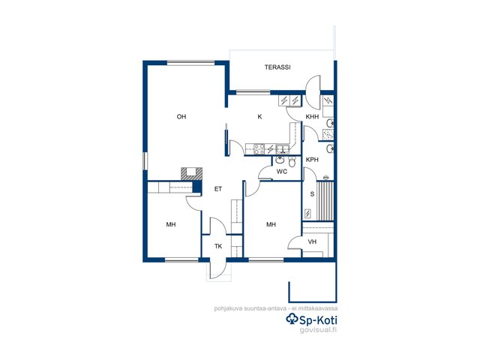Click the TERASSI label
tap(277, 67)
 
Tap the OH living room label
tap(181, 117)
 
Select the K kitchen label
tap(259, 117)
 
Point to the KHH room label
tap(312, 117)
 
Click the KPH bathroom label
tap(312, 160)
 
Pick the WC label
tap(282, 172)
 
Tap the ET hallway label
tap(218, 189)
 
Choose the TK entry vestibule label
tap(218, 246)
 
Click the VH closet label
tap(312, 241)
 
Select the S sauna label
tap(312, 193)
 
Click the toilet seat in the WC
tap(292, 162)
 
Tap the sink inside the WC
tap(280, 160)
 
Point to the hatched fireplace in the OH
tap(192, 173)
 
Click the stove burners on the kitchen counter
tap(259, 149)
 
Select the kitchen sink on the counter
tap(282, 149)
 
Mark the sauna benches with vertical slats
tap(325, 201)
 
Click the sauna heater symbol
tap(307, 213)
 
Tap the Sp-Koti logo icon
tap(292, 319)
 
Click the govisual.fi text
tap(318, 330)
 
